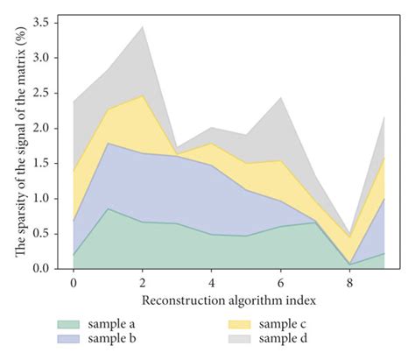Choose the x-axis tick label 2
click(x=142, y=284)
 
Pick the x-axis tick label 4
click(x=211, y=284)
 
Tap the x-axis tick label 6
click(x=281, y=284)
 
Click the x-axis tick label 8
click(x=350, y=284)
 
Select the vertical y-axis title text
click(x=19, y=145)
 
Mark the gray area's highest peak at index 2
click(x=142, y=26)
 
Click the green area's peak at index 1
click(x=107, y=208)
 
